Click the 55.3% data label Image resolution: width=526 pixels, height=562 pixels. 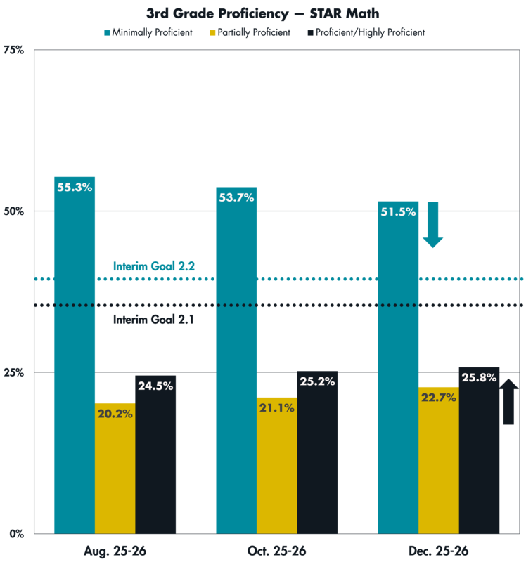[74, 188]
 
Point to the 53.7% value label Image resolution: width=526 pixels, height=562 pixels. [236, 198]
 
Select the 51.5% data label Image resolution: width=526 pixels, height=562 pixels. [397, 212]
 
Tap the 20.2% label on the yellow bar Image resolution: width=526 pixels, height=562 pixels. [114, 414]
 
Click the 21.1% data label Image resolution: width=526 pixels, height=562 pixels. [276, 408]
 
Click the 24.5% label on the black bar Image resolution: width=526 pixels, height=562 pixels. [155, 386]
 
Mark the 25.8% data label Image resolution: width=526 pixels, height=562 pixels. [479, 378]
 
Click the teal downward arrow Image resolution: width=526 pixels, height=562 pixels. [432, 226]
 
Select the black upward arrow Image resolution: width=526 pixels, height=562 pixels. [510, 400]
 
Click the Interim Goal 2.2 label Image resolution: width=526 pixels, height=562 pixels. [153, 266]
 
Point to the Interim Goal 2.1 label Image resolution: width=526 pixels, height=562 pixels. [153, 319]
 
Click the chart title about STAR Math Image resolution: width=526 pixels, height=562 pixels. [262, 13]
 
